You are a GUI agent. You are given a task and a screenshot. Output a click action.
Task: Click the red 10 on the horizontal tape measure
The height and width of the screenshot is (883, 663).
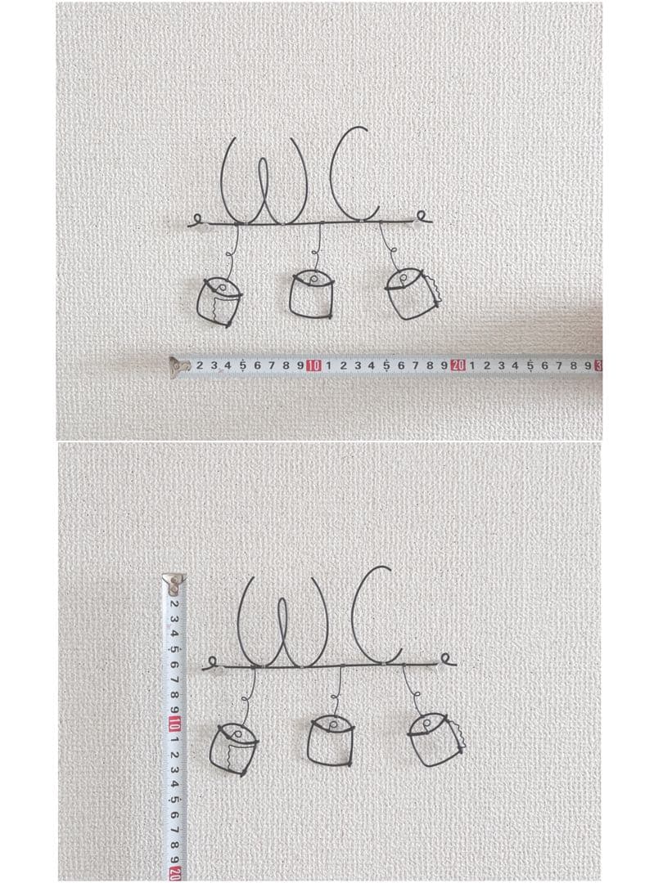click(313, 366)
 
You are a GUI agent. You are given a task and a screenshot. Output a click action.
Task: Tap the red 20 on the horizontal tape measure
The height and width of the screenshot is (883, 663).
click(458, 366)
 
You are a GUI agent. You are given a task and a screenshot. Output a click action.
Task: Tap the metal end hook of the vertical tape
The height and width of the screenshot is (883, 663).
click(174, 585)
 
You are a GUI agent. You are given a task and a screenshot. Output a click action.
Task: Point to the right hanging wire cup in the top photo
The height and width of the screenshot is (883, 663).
click(413, 294)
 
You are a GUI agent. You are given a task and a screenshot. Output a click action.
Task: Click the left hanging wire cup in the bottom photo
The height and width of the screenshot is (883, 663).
click(233, 749)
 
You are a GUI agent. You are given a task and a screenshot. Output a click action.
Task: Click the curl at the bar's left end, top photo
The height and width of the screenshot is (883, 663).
click(197, 218)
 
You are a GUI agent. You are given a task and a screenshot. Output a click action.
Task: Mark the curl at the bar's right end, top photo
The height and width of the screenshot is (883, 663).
click(422, 216)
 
